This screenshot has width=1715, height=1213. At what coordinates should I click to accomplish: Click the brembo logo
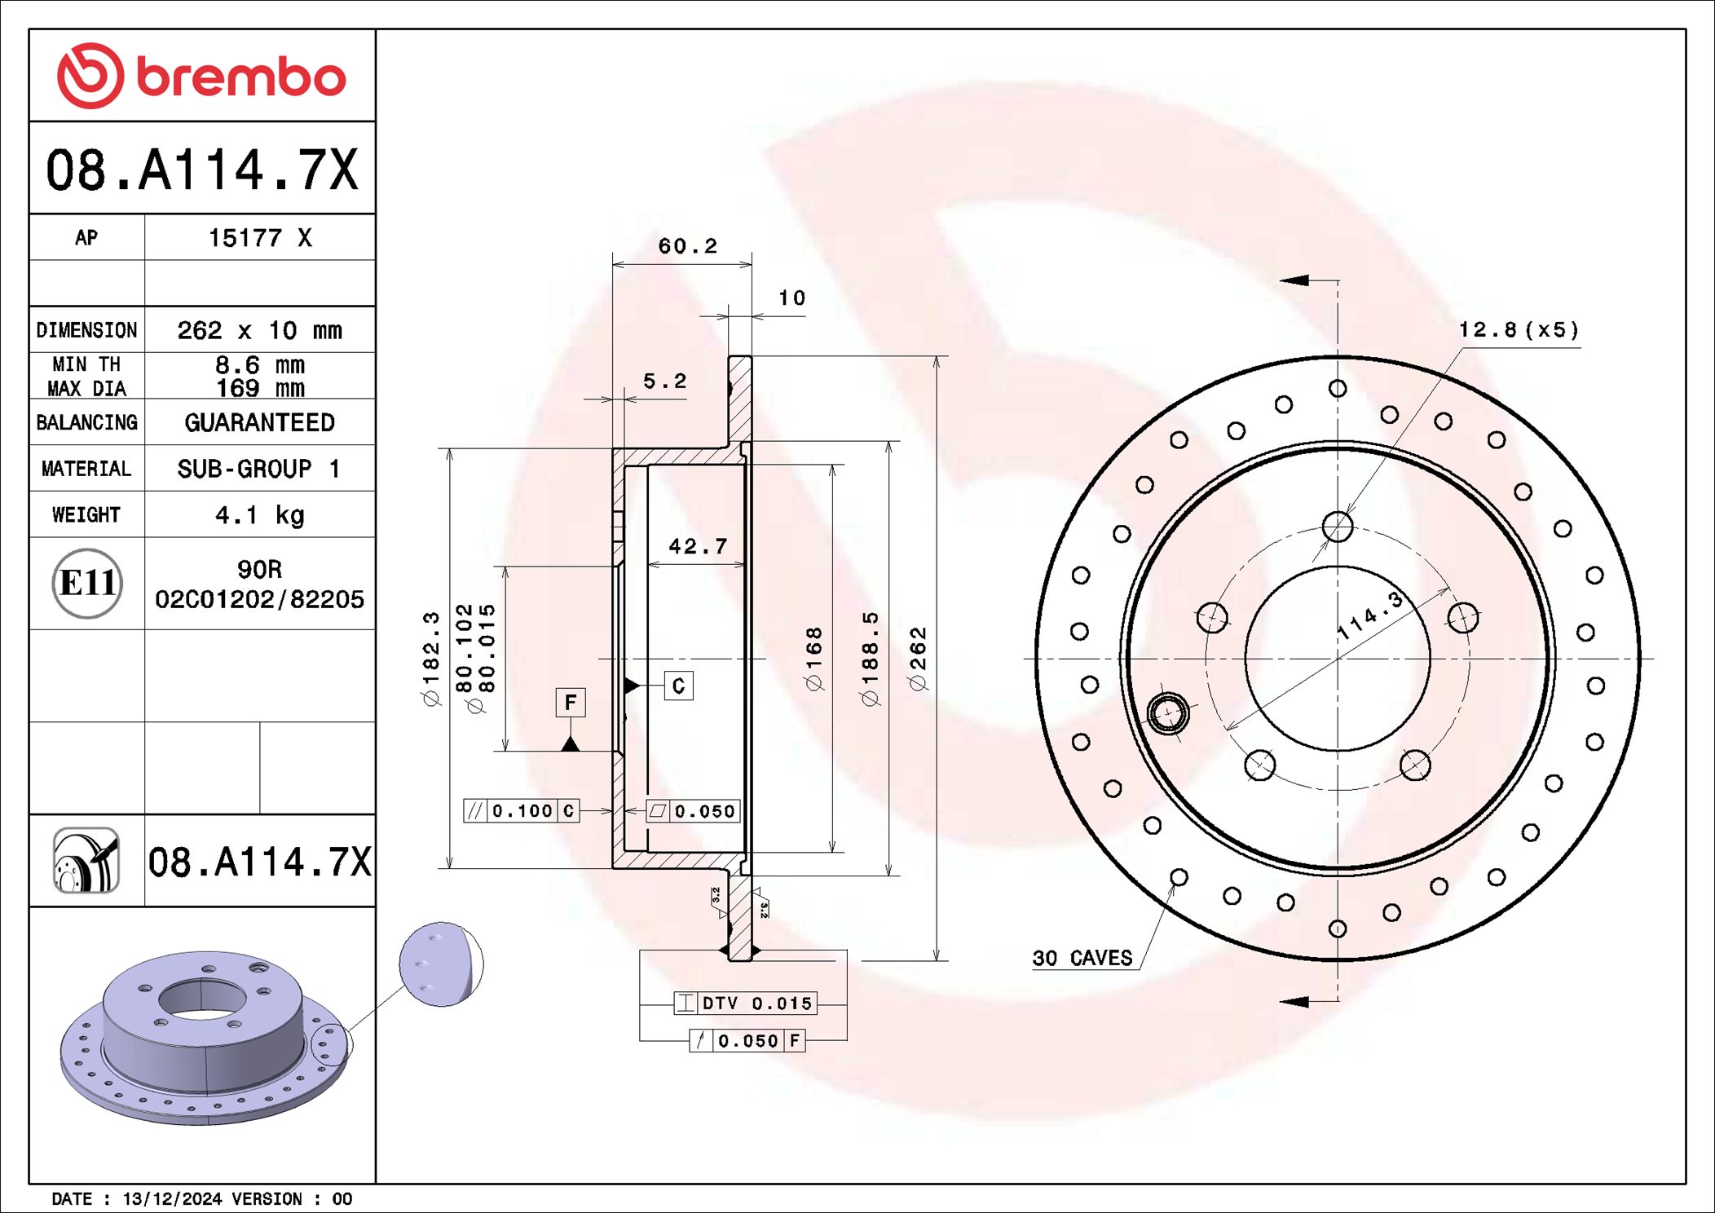tap(201, 76)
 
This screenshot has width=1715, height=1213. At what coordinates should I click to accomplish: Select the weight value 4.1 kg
tap(259, 515)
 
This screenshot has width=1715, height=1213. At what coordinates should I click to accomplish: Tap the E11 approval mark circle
tap(87, 583)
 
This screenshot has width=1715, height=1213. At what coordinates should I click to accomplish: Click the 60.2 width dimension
tap(687, 246)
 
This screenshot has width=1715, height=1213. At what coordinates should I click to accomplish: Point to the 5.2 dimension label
tap(664, 382)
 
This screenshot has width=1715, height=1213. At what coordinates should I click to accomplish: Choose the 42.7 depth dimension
tap(698, 546)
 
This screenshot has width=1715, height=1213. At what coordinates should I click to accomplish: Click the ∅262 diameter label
tap(919, 659)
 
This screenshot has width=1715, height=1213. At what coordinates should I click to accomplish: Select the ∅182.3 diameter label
tap(431, 659)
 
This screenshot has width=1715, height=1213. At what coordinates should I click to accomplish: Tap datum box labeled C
tap(678, 686)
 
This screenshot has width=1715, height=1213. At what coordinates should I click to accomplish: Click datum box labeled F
tap(571, 702)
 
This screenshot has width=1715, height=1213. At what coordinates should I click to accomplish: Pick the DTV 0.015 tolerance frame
tap(745, 1003)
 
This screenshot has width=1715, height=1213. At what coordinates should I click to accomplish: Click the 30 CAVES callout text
tap(1082, 958)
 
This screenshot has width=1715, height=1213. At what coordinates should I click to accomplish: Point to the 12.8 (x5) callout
tap(1519, 330)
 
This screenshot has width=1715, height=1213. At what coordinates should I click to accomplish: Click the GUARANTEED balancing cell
tap(259, 422)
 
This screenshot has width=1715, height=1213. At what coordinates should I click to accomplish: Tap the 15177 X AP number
tap(259, 238)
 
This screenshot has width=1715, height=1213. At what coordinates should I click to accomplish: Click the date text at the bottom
tap(201, 1198)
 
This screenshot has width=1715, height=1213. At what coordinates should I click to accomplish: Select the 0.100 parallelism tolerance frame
tap(522, 811)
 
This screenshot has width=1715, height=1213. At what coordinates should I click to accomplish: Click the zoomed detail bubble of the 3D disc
tap(441, 964)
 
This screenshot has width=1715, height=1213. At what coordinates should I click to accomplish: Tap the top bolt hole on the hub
tap(1338, 527)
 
